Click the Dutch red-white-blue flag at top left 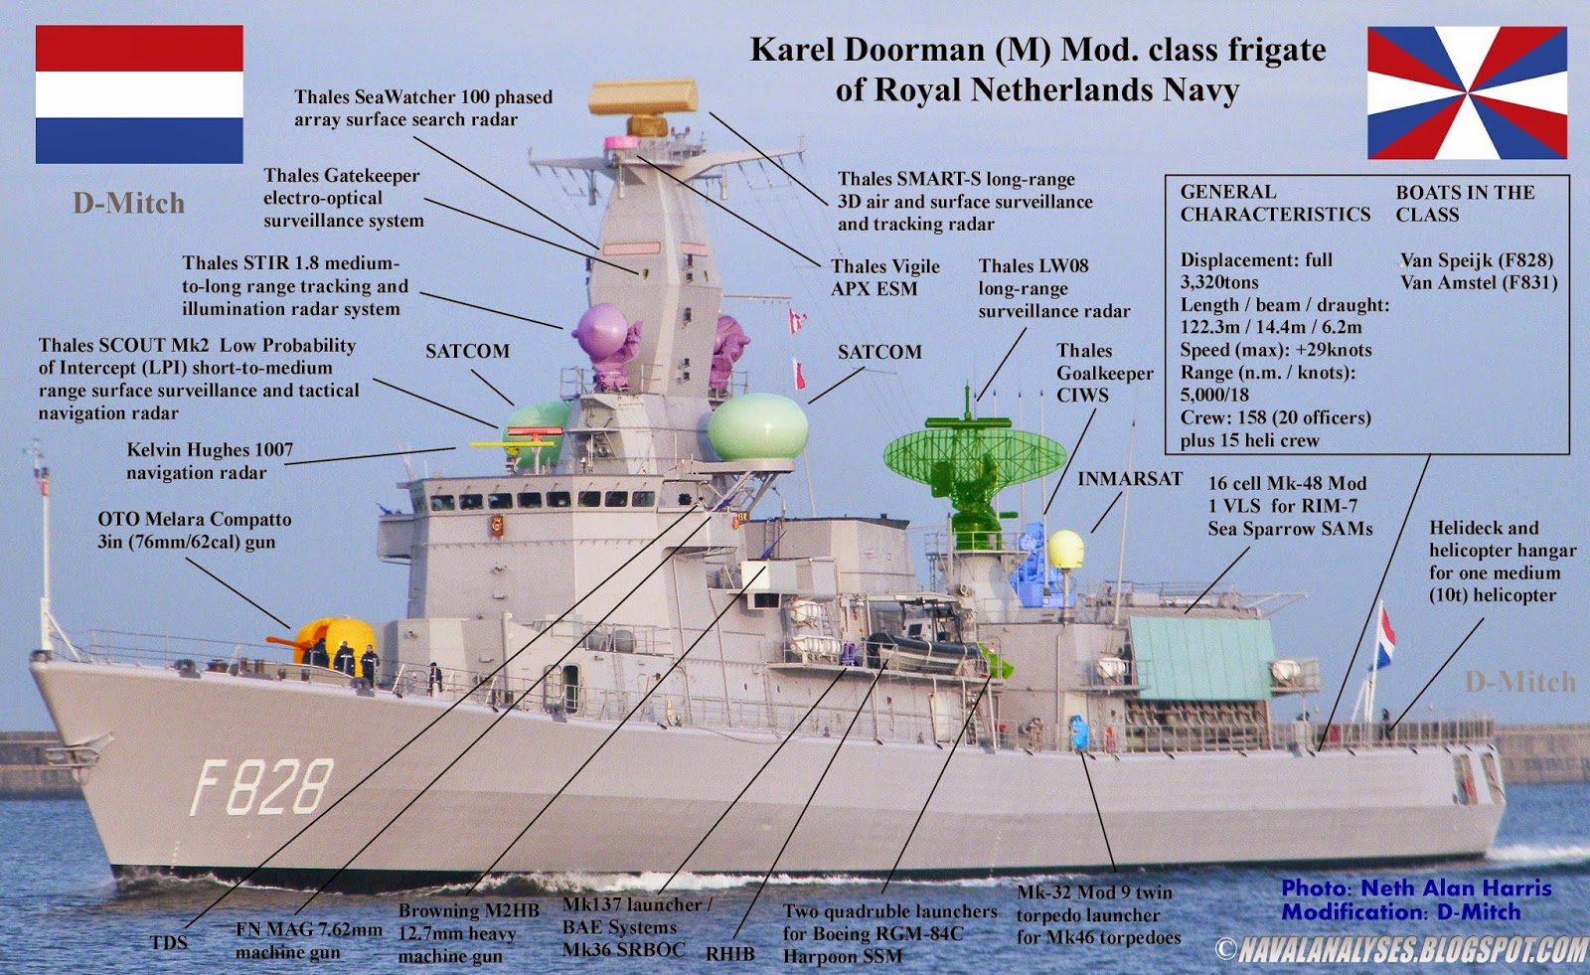point(139,94)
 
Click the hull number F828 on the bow point(261,787)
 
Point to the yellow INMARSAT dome point(1065,550)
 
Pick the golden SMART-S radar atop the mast point(643,99)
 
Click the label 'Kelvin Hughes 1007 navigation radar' point(210,461)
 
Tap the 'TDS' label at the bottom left point(169,942)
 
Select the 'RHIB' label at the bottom point(729,953)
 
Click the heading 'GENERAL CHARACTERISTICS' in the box point(1274,203)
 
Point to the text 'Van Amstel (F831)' point(1479,282)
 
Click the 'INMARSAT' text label point(1130,479)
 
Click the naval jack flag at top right point(1467,93)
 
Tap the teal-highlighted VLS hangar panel point(1200,657)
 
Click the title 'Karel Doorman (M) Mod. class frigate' point(1037,50)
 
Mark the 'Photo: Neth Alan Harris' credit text point(1416,888)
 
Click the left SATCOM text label point(467,351)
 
